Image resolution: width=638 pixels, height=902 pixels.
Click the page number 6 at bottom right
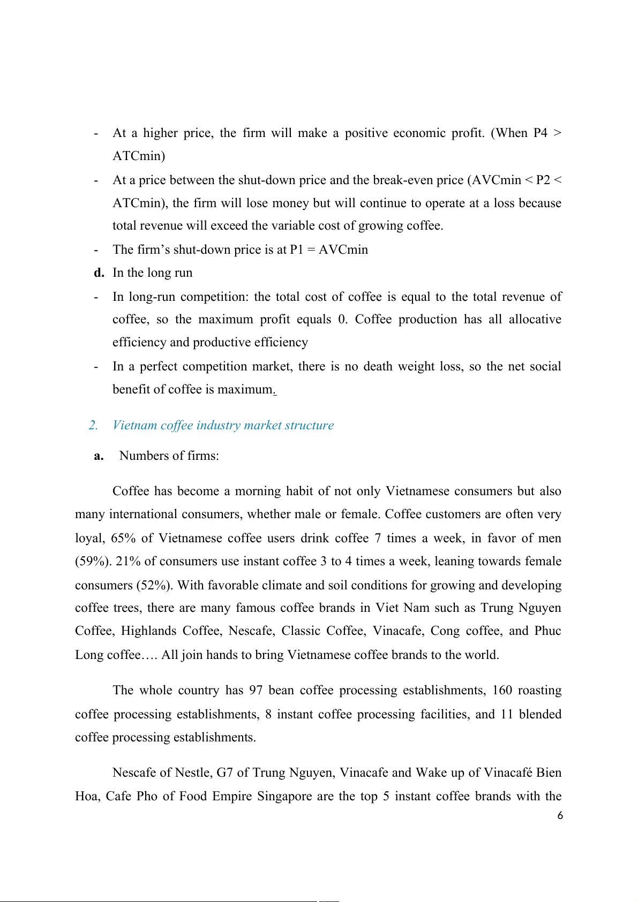coord(560,816)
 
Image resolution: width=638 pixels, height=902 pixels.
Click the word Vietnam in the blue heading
coord(134,426)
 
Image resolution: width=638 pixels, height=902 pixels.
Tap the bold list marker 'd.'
coord(99,273)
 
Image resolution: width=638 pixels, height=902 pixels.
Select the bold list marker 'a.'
coord(99,456)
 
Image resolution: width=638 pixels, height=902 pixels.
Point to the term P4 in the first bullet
coord(540,133)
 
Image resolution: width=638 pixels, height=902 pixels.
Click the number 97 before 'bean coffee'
coord(256,691)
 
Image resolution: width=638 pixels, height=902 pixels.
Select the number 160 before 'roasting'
coord(502,691)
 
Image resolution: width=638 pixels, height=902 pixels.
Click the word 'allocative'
coord(535,320)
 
